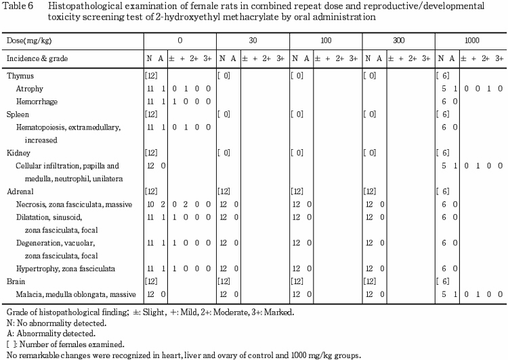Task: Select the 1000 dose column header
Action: coord(472,41)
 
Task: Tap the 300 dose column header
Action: coord(398,41)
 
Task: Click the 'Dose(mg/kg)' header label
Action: coord(26,41)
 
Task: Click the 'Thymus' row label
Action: coord(20,76)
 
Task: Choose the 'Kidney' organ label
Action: coord(19,153)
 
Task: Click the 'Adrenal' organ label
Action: coord(20,191)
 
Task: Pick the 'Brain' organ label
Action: coord(17,281)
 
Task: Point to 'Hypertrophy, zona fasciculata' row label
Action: coord(66,268)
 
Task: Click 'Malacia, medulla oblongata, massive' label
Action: coord(76,294)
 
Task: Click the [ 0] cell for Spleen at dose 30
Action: coord(224,114)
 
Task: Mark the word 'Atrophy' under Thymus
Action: coord(30,88)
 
